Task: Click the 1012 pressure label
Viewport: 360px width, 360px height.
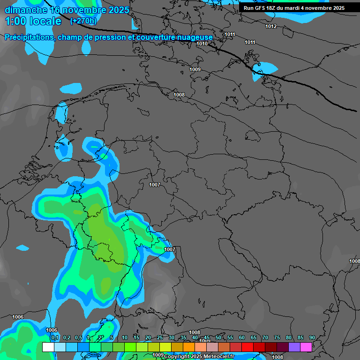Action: coord(271,26)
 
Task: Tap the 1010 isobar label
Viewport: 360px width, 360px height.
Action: coord(202,44)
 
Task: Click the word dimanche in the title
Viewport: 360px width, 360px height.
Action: coord(26,10)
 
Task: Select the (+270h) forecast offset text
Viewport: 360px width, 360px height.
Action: coord(83,21)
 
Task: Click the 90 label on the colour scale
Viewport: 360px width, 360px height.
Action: coord(312,337)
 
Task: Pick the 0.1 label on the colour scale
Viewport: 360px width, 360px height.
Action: coord(55,337)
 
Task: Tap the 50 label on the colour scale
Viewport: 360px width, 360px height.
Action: coord(218,337)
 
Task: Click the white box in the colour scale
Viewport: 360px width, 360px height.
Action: coord(48,347)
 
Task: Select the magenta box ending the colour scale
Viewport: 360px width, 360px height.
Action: coord(306,347)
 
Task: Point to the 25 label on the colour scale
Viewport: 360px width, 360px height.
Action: coord(160,337)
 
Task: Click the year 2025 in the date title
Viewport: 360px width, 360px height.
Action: coord(118,10)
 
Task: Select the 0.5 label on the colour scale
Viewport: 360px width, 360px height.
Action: coord(78,337)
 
